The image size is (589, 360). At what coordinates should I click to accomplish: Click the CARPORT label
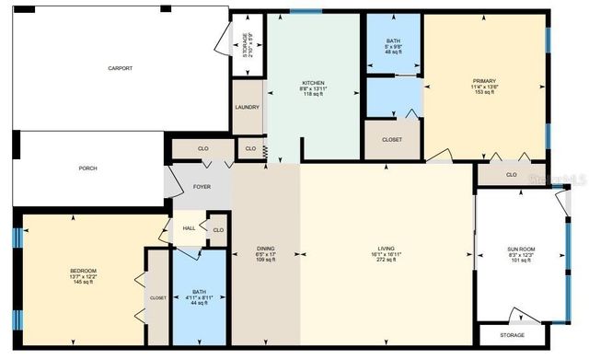(120, 68)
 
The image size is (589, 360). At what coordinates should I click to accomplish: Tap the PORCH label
(88, 168)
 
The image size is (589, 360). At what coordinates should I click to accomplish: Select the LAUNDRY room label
(247, 107)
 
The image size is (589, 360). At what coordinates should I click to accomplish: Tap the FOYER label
(202, 187)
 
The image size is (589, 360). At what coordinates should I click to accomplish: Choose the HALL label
(189, 229)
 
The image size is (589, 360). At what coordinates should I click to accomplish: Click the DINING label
(265, 249)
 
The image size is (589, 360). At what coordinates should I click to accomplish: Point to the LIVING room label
(386, 249)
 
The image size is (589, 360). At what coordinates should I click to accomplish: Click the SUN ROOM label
(520, 250)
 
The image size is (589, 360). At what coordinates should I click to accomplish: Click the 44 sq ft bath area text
(199, 303)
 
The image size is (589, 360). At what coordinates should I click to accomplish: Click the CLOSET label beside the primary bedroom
(391, 139)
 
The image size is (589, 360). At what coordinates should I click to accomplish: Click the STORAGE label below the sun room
(514, 334)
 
